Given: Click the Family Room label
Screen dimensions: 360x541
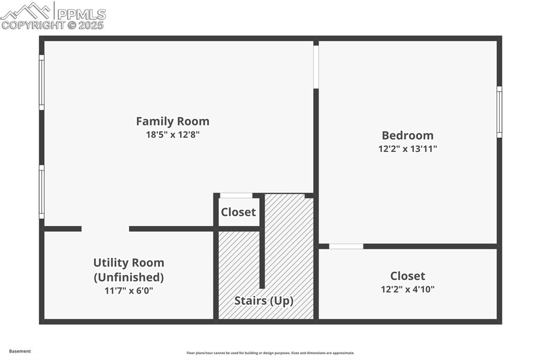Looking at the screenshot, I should pyautogui.click(x=173, y=121).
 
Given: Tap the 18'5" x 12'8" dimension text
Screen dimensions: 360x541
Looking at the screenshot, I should pyautogui.click(x=173, y=135).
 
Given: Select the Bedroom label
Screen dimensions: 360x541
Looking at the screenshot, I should pyautogui.click(x=407, y=136).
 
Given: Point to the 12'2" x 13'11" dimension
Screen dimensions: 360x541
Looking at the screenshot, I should pyautogui.click(x=407, y=149).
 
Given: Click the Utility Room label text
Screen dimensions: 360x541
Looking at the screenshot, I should pyautogui.click(x=128, y=263).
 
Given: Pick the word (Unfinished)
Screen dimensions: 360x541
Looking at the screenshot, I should pyautogui.click(x=128, y=277).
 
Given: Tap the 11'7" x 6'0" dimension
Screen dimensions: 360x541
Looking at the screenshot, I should pyautogui.click(x=128, y=290).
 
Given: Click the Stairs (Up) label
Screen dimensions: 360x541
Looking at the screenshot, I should pyautogui.click(x=264, y=301).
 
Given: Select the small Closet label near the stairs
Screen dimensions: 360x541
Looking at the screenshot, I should pyautogui.click(x=238, y=212).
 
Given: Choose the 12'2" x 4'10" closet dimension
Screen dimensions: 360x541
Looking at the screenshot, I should pyautogui.click(x=407, y=289).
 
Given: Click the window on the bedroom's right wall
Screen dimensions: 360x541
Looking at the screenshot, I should pyautogui.click(x=499, y=112).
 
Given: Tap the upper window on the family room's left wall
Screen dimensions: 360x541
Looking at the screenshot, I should pyautogui.click(x=42, y=82).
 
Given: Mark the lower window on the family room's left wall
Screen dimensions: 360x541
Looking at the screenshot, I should pyautogui.click(x=42, y=192).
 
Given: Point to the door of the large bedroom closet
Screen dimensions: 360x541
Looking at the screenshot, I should pyautogui.click(x=346, y=246).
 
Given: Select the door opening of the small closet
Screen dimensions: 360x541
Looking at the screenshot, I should pyautogui.click(x=236, y=196).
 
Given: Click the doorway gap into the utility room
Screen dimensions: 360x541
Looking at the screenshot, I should pyautogui.click(x=105, y=229).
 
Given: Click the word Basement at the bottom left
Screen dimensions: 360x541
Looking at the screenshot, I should pyautogui.click(x=20, y=351).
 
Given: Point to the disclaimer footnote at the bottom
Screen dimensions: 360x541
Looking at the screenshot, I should pyautogui.click(x=270, y=353).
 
